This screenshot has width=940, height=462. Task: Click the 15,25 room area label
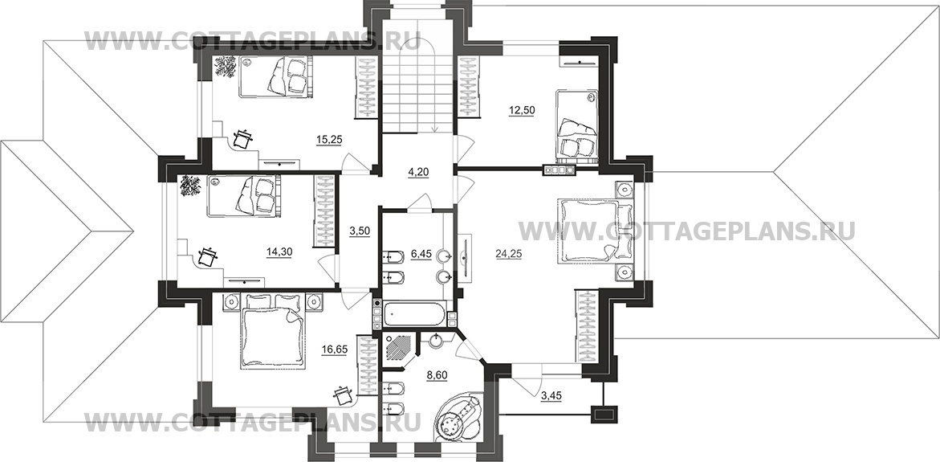coord(329,140)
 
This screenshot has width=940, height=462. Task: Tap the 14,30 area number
coord(279,252)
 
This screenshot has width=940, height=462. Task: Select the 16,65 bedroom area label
coord(334,350)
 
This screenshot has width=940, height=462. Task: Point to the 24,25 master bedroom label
coord(508,254)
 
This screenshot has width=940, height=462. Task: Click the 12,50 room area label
coord(522,110)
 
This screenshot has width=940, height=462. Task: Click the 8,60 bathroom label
coord(437,375)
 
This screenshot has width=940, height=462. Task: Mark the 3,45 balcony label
coord(551,396)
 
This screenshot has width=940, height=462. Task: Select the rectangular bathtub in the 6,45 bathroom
coord(414,313)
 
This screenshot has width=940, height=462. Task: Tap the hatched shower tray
coord(397,347)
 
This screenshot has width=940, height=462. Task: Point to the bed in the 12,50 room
coord(576,126)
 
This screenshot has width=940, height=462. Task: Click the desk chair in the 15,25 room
coord(242,138)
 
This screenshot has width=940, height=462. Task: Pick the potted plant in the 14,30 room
coord(191,185)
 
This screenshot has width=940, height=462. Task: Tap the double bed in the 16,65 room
coord(272,331)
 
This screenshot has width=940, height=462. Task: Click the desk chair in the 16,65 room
coord(344,396)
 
